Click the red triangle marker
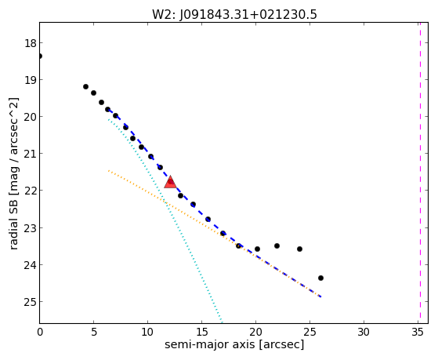pos(170,183)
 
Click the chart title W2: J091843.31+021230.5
pos(234,15)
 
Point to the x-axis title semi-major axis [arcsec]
pos(234,344)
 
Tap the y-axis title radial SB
pos(13,221)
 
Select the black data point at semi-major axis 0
pos(40,56)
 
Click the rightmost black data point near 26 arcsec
pos(320,278)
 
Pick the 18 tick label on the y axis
pos(30,44)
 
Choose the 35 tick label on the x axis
pos(418,333)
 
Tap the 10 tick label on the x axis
pos(147,333)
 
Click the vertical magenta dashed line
pos(420,173)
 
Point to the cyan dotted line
pos(165,221)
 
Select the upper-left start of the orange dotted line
pos(108,170)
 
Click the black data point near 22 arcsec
pos(277,245)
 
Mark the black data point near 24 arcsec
pos(299,249)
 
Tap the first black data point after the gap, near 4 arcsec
pos(85,87)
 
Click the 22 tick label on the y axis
pos(30,191)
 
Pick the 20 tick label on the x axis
pos(255,333)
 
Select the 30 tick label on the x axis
pos(364,333)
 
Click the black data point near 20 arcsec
pos(257,249)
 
